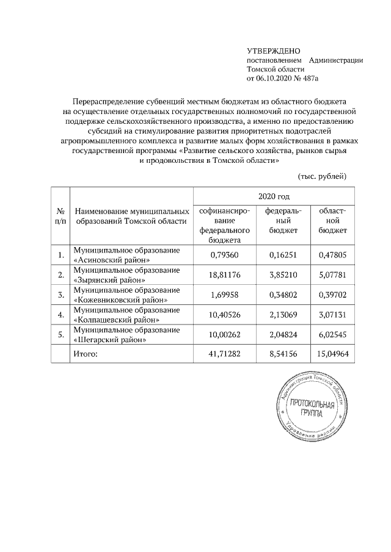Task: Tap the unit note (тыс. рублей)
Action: tap(322, 176)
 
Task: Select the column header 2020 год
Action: tap(273, 196)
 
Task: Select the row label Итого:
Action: tap(86, 353)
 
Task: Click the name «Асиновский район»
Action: tap(111, 260)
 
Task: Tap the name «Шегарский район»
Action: tap(110, 340)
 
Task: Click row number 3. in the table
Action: tap(60, 295)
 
